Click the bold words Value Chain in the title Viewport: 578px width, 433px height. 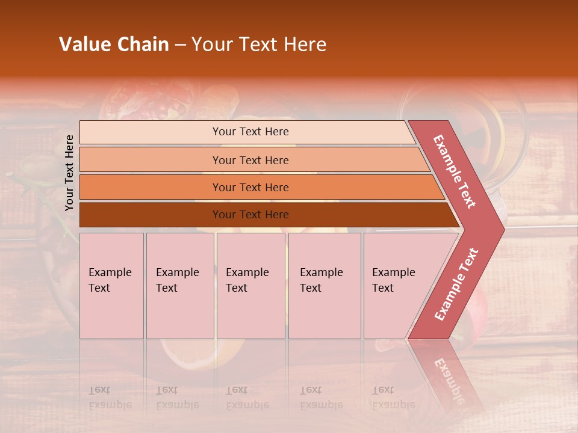click(x=114, y=45)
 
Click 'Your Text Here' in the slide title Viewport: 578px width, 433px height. click(x=259, y=45)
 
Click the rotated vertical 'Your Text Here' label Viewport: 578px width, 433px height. click(x=70, y=173)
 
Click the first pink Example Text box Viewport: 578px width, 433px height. click(x=111, y=286)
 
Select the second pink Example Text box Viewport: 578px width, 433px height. click(x=179, y=286)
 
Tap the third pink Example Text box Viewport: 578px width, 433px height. click(x=250, y=286)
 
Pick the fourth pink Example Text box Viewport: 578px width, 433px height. click(x=324, y=286)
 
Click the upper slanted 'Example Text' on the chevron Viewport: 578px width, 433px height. click(x=455, y=171)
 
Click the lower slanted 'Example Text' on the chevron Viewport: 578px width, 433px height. click(x=456, y=284)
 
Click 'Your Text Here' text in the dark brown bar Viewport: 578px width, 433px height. click(x=250, y=215)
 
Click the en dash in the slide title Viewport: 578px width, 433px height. click(x=179, y=45)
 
